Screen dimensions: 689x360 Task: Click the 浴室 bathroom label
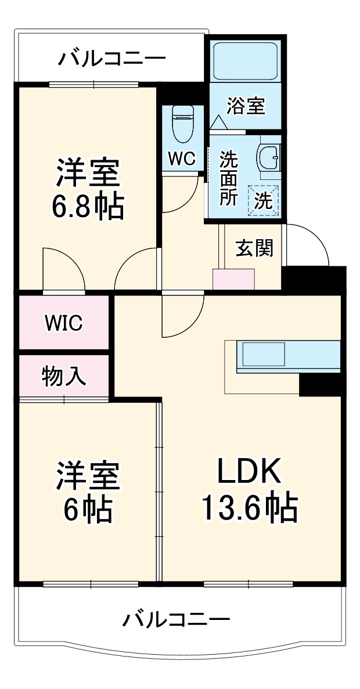point(246,107)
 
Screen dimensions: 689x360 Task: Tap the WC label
point(182,158)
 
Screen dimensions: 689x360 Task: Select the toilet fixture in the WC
point(182,124)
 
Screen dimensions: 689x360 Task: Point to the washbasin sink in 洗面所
point(269,155)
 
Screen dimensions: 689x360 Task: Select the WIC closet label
point(64,323)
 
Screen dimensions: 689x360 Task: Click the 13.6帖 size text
point(249,508)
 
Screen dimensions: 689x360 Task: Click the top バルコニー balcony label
point(112,59)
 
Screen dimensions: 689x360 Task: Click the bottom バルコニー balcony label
point(176,620)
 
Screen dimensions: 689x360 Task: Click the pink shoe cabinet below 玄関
point(233,279)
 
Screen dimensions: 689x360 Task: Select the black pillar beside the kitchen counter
point(319,384)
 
